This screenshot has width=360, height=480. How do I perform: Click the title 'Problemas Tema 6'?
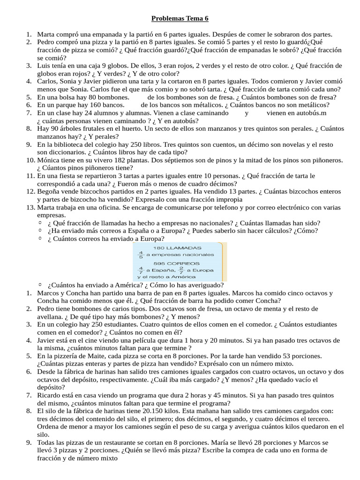180,19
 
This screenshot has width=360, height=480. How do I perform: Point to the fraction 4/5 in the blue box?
140,255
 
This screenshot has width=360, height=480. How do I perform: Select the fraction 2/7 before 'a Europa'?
181,270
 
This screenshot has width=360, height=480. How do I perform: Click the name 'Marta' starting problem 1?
46,34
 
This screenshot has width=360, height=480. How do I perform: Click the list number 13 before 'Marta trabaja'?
30,207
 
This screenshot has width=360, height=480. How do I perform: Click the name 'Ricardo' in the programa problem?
49,395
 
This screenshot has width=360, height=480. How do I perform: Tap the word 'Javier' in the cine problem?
47,340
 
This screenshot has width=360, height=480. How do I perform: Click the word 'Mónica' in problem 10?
48,160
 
